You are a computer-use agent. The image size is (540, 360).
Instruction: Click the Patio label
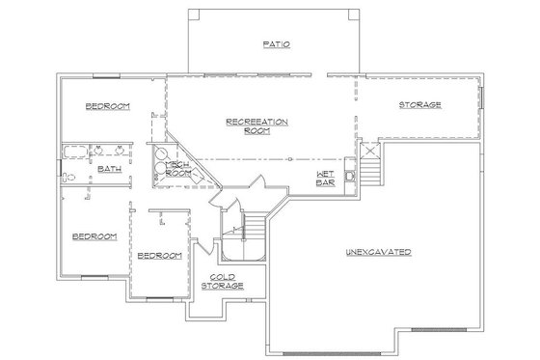coord(276,44)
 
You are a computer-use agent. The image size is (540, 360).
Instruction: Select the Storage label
coord(420,104)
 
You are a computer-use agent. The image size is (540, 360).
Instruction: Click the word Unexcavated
coord(378,253)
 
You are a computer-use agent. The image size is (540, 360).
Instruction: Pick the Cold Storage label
coord(221,281)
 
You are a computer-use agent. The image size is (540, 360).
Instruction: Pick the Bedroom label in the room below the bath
coord(94,235)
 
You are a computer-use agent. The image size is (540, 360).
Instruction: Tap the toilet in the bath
coord(67,176)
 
